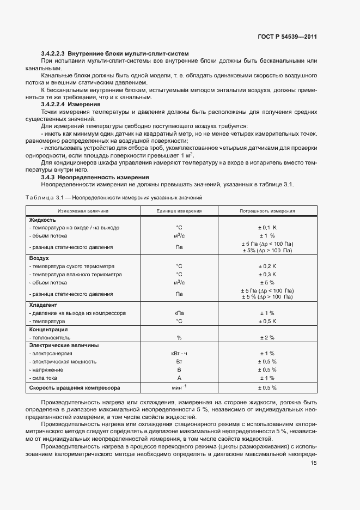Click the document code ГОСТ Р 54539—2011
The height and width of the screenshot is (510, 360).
click(x=288, y=37)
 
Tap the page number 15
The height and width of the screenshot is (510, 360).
click(x=314, y=463)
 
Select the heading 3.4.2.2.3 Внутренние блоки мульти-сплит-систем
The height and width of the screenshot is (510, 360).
click(x=115, y=53)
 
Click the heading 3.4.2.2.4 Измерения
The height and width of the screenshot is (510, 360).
click(x=76, y=104)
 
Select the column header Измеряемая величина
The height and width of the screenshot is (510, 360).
click(x=84, y=210)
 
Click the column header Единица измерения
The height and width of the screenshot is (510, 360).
click(x=179, y=210)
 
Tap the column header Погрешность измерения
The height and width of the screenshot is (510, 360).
click(x=267, y=210)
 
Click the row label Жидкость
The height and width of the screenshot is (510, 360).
click(x=42, y=220)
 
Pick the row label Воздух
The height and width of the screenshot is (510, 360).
click(x=39, y=258)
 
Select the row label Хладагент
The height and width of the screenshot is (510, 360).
click(x=43, y=305)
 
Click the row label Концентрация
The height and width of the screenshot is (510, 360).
click(x=48, y=329)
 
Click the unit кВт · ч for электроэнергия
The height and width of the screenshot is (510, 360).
click(x=179, y=353)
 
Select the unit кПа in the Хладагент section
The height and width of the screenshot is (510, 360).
click(x=179, y=313)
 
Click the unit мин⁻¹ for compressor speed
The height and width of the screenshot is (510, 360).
click(x=179, y=387)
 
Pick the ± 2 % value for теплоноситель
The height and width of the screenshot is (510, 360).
click(x=267, y=337)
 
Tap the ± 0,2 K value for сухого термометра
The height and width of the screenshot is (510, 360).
click(x=267, y=266)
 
